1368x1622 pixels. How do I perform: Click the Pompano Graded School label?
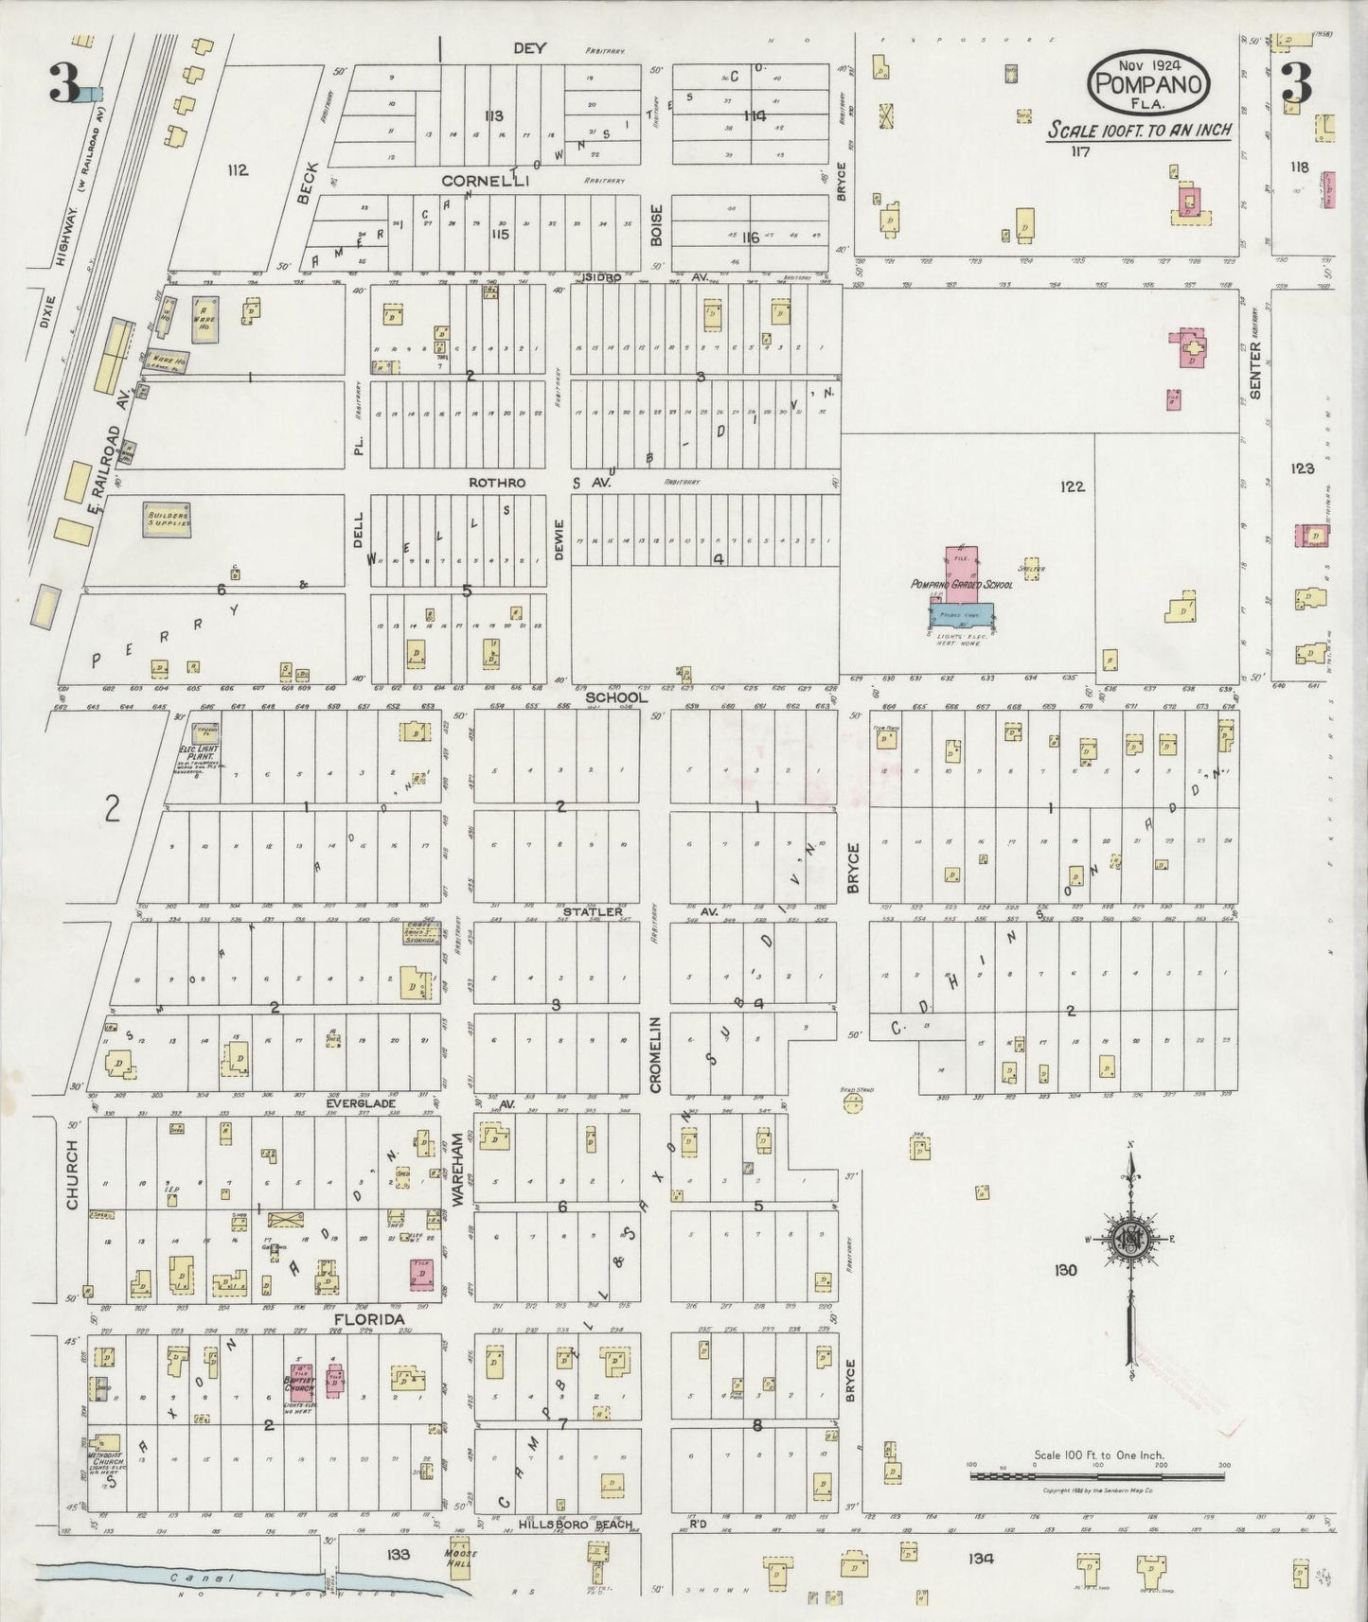[x=961, y=585]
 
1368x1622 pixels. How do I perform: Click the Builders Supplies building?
[x=169, y=520]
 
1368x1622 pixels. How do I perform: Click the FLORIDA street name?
[x=368, y=1319]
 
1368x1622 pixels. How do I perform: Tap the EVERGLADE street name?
[x=359, y=1103]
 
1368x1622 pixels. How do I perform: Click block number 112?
[x=237, y=170]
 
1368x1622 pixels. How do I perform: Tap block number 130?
[x=1064, y=1270]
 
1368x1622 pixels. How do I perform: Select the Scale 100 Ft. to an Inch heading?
[x=1139, y=130]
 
